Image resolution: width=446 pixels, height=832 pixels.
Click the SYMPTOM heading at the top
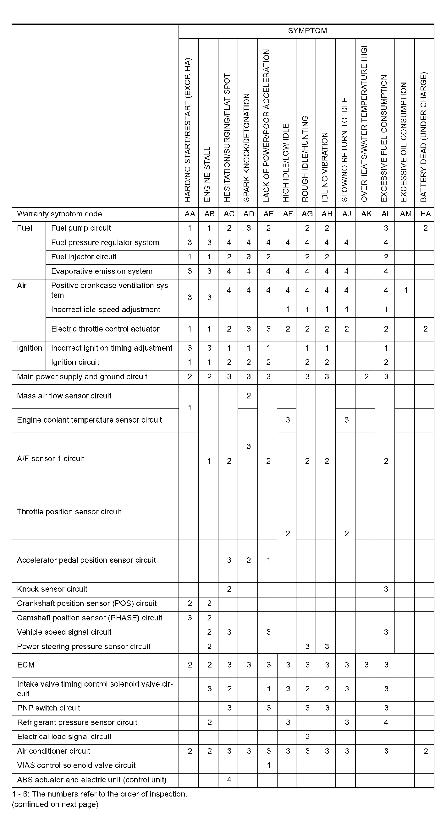pos(307,31)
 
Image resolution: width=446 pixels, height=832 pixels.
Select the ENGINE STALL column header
pos(208,175)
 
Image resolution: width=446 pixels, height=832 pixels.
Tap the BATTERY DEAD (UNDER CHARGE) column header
pos(424,137)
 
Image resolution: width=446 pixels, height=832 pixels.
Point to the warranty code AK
pos(366,214)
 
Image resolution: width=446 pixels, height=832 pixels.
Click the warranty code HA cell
pos(425,214)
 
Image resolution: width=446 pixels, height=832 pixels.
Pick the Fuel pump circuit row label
pos(81,228)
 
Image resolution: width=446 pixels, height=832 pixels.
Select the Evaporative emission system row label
pos(102,271)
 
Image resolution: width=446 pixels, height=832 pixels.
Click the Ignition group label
pos(30,348)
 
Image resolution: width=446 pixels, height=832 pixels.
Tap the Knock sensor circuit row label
pos(52,589)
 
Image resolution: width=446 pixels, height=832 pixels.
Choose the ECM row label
pos(26,665)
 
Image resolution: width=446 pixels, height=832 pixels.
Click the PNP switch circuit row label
pos(48,708)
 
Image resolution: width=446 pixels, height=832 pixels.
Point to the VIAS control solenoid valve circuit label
pos(76,765)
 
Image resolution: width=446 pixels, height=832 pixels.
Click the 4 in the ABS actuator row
pos(229,780)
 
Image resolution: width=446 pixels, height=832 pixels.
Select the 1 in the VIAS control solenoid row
pos(268,765)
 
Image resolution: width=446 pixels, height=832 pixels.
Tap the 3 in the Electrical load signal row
pos(307,737)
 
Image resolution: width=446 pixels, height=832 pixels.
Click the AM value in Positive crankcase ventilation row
pos(405,290)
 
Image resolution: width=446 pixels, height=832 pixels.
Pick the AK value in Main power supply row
pos(366,376)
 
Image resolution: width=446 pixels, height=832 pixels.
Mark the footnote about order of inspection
pos(100,794)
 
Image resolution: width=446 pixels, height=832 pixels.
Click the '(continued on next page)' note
pos(55,804)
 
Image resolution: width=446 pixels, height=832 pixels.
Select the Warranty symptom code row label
pos(59,214)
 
